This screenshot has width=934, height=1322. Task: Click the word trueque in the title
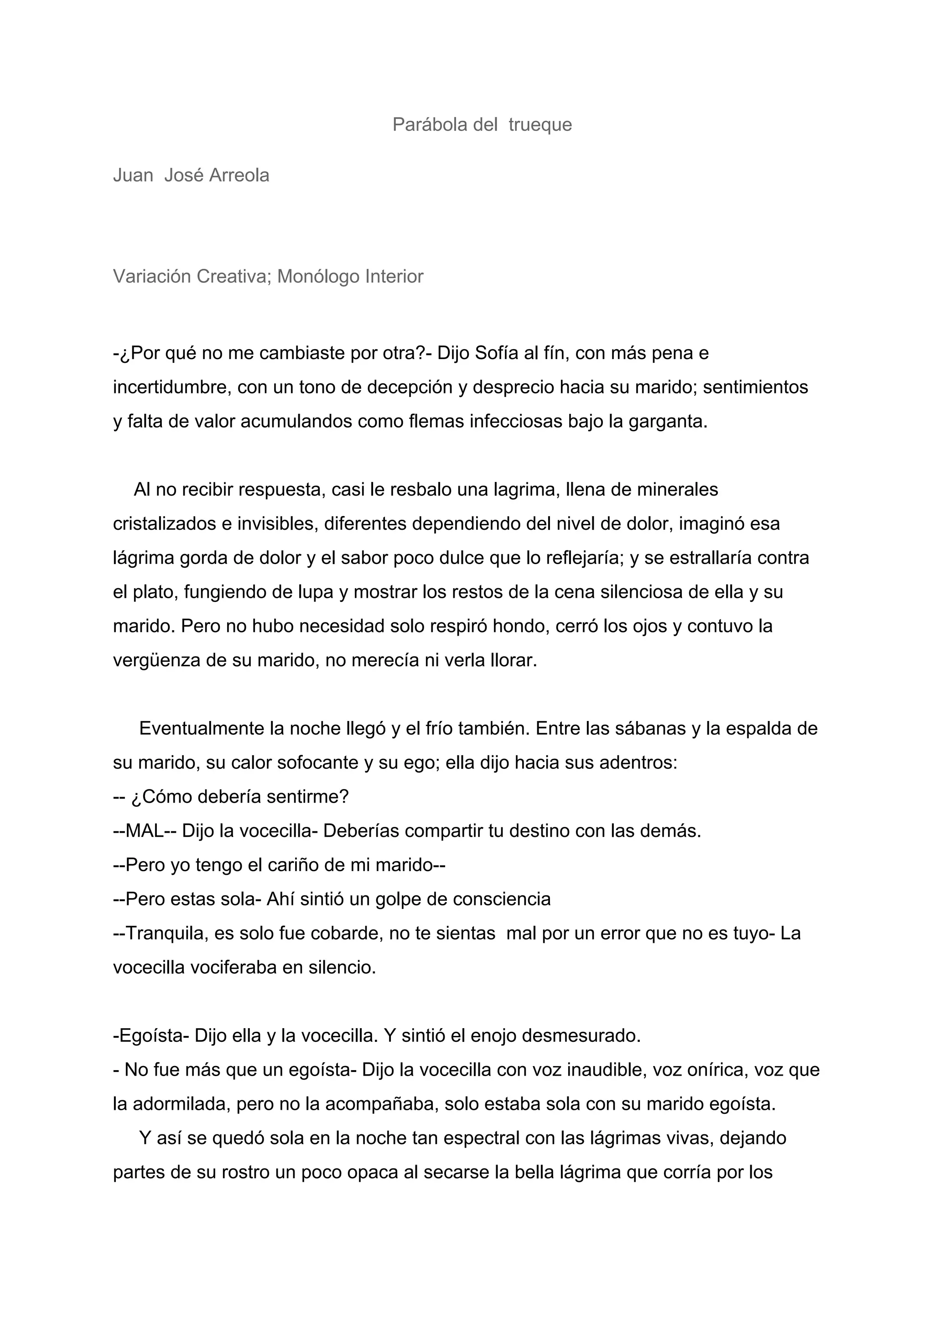click(540, 125)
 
